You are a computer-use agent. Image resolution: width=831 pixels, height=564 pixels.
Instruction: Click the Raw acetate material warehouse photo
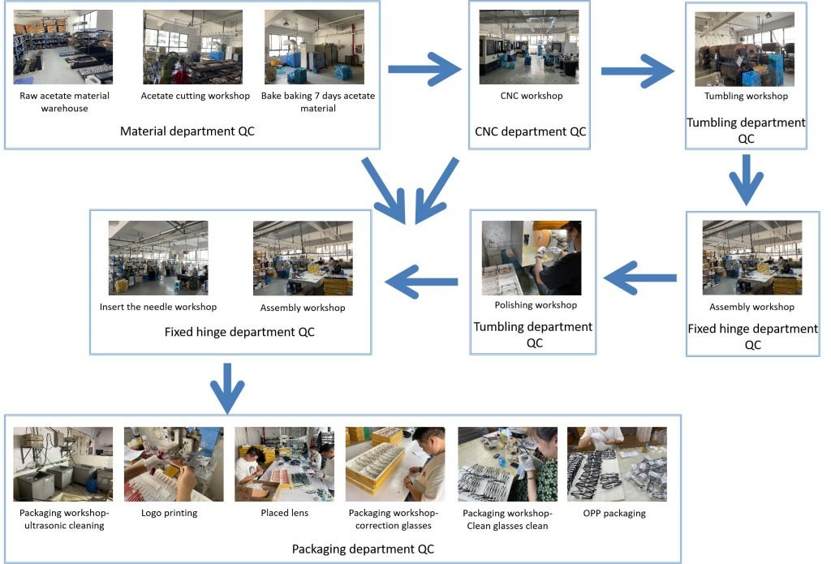click(64, 47)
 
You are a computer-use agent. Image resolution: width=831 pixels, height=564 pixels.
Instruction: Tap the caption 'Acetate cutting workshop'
click(195, 96)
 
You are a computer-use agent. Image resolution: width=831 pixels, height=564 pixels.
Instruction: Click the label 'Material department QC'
click(187, 131)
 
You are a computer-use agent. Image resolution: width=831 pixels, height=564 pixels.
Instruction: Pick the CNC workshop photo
click(529, 47)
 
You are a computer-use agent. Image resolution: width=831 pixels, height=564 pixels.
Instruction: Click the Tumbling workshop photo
click(745, 50)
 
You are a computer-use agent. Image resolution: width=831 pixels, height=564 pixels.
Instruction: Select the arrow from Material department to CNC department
click(424, 70)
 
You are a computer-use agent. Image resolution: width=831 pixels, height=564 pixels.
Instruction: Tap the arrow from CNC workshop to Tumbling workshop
click(637, 71)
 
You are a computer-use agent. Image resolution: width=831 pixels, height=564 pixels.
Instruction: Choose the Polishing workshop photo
click(532, 257)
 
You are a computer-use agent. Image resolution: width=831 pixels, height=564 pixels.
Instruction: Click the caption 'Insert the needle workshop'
click(158, 308)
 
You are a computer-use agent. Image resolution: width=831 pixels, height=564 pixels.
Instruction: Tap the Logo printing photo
click(174, 464)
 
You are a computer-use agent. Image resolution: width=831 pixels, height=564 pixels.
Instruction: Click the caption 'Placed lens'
click(283, 513)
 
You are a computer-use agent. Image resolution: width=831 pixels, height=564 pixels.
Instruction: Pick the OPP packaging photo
click(617, 464)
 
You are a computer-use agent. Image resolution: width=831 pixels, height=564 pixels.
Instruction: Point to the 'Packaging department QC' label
click(363, 549)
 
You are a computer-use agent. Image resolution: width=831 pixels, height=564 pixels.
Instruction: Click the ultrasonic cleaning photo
click(63, 464)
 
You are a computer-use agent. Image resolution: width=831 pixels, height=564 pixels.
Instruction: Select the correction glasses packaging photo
click(395, 464)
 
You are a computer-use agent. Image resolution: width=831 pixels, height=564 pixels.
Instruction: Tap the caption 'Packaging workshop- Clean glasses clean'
click(506, 519)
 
